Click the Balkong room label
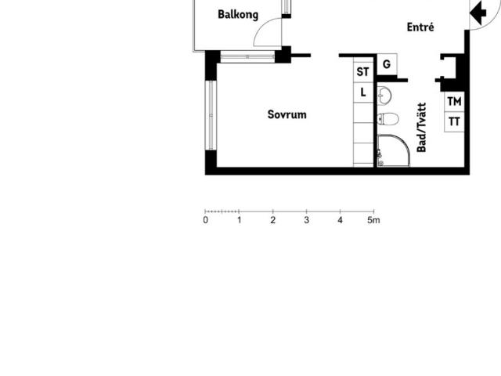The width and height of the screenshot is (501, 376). pos(238,15)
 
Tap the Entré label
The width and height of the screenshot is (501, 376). pos(420,27)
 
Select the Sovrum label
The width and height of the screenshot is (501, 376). pos(287,114)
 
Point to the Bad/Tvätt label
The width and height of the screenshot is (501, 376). pos(421,128)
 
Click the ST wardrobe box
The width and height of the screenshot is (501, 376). pos(363,72)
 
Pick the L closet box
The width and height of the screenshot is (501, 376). pos(363,92)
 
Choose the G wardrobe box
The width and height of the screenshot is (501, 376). pos(387,64)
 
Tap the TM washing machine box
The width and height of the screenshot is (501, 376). pos(454,102)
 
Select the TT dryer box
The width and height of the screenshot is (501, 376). pos(454,122)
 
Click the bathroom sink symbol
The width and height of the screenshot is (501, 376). pos(384,96)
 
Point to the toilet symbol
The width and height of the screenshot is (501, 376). pos(388,119)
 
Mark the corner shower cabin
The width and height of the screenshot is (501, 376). pos(393,150)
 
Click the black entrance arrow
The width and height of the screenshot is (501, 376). pos(478,13)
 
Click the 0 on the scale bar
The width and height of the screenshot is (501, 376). pos(205,220)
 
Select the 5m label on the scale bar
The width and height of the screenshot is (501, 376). pos(373,220)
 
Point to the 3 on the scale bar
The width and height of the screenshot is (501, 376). pos(306,220)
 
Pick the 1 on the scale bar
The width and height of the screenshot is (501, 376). pos(240,220)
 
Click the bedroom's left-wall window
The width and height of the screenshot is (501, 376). pos(211,115)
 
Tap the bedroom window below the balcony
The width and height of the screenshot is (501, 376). pos(247,57)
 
